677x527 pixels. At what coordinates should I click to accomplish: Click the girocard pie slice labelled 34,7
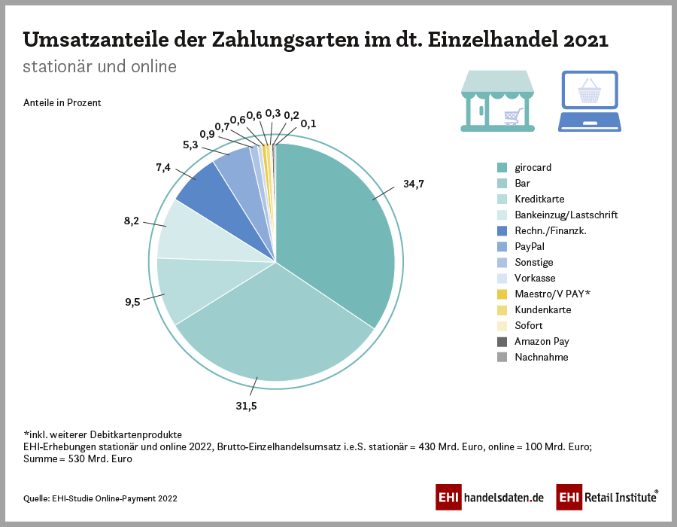click(x=338, y=226)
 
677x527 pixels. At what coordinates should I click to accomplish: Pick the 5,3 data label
click(x=191, y=145)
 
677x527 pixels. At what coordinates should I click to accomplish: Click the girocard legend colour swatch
click(x=502, y=167)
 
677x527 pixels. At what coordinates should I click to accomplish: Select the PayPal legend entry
click(x=530, y=246)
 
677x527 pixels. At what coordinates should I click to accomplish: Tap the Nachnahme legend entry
click(x=541, y=357)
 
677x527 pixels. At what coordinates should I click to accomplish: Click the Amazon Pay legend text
click(x=542, y=341)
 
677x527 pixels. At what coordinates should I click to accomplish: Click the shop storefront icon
click(x=497, y=101)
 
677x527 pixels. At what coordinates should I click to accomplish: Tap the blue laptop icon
click(x=589, y=101)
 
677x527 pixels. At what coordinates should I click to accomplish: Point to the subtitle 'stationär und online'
click(x=99, y=66)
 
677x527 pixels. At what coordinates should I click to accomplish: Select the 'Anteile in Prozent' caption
click(x=62, y=102)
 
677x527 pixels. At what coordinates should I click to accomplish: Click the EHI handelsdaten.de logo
click(x=490, y=498)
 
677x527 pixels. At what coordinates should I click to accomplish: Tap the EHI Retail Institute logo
click(x=607, y=498)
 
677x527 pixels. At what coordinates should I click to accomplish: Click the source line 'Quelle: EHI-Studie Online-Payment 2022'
click(x=101, y=498)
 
